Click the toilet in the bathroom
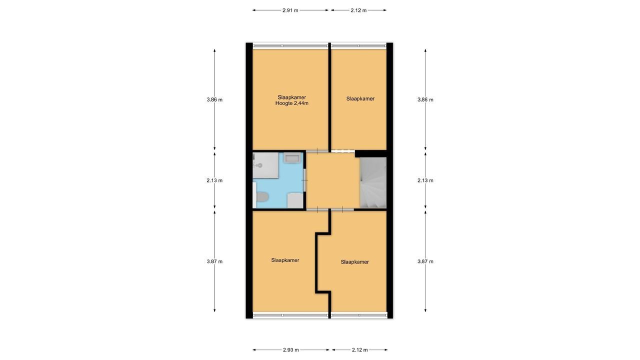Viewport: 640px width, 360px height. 260,198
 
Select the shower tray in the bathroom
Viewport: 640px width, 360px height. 266,165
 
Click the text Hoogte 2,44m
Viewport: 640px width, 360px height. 291,103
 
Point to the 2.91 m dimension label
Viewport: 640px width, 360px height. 290,10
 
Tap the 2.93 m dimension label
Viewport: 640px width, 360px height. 290,350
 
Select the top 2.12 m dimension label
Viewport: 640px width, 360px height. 358,10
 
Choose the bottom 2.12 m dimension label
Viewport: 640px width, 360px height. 359,350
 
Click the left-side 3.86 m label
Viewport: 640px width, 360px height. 214,99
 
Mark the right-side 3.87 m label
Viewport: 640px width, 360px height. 425,261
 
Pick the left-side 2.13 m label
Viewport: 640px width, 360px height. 214,180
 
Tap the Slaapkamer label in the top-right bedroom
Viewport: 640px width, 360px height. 360,98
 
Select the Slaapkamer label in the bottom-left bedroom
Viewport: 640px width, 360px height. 285,260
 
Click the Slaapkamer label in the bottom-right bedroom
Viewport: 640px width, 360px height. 354,261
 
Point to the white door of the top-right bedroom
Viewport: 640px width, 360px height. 342,150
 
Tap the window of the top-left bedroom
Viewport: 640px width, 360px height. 290,45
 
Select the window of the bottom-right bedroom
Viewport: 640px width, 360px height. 359,315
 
